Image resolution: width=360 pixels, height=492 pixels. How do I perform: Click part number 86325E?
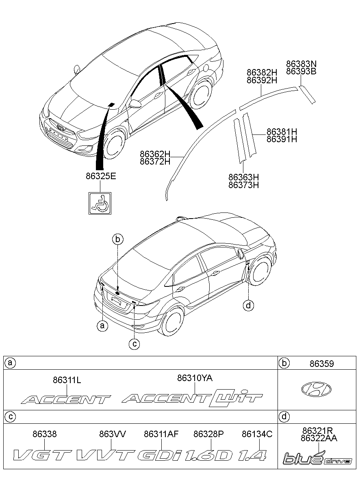[101, 176]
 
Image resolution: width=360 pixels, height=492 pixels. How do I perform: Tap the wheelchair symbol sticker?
[100, 202]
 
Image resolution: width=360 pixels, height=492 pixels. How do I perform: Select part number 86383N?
[301, 64]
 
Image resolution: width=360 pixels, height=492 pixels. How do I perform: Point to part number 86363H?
[243, 178]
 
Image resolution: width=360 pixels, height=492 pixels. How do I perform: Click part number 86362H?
[155, 154]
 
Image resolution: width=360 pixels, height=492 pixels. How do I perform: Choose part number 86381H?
[282, 132]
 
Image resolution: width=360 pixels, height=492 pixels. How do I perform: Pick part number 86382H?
[262, 72]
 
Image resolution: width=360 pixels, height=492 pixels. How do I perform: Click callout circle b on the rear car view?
[117, 240]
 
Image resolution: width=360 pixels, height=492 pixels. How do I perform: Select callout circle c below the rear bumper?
[134, 344]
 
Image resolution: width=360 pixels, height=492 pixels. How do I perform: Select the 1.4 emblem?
[252, 455]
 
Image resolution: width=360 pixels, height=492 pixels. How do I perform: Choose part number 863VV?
[112, 434]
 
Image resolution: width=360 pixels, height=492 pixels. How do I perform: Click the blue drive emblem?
[317, 459]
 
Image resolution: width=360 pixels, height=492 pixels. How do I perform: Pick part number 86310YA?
[195, 378]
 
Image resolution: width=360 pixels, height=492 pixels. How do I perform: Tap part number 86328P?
[208, 434]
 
